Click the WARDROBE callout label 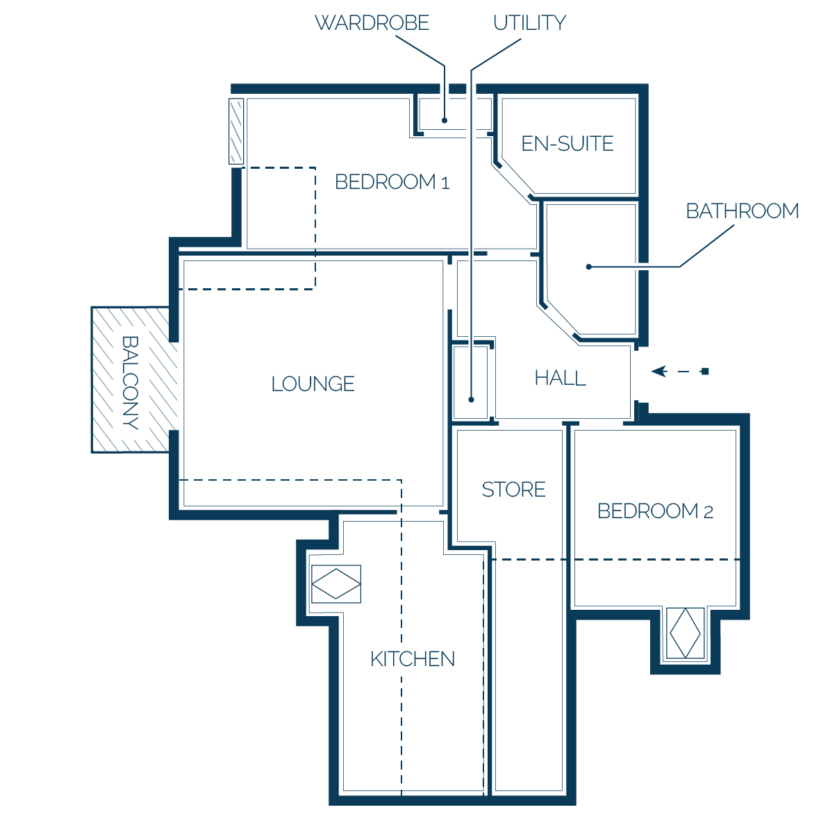tap(372, 23)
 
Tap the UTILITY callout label tap(529, 23)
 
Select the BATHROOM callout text tap(743, 211)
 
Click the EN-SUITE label tap(567, 144)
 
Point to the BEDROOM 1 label tap(392, 182)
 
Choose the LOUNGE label tap(313, 384)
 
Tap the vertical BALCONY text tap(131, 383)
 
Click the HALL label tap(561, 378)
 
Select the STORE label tap(514, 490)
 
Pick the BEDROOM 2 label tap(656, 511)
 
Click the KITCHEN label tap(413, 659)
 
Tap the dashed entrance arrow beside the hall tap(679, 372)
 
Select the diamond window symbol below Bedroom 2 tap(685, 633)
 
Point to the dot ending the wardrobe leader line tap(445, 120)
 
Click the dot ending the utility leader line tap(471, 399)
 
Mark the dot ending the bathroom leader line tap(588, 267)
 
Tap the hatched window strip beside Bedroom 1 tap(236, 131)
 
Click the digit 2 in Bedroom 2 tap(708, 512)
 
